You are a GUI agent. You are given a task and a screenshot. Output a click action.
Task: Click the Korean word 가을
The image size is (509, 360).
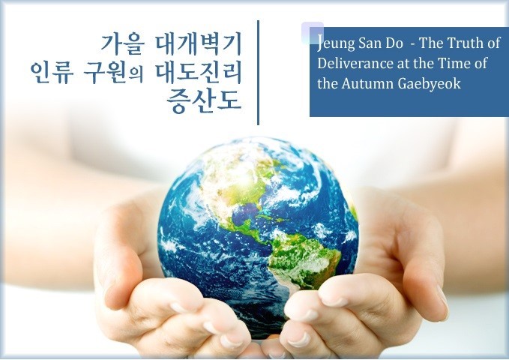[121, 44]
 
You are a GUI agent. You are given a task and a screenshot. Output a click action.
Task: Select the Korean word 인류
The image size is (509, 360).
[50, 73]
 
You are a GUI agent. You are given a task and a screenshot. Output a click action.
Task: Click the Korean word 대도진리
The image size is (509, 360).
[199, 73]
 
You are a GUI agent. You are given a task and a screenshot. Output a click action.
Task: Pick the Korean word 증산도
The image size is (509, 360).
[204, 101]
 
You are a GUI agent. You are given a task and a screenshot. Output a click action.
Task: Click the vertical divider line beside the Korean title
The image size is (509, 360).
[258, 73]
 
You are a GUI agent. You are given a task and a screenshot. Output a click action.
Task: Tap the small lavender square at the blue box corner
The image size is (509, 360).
[313, 33]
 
